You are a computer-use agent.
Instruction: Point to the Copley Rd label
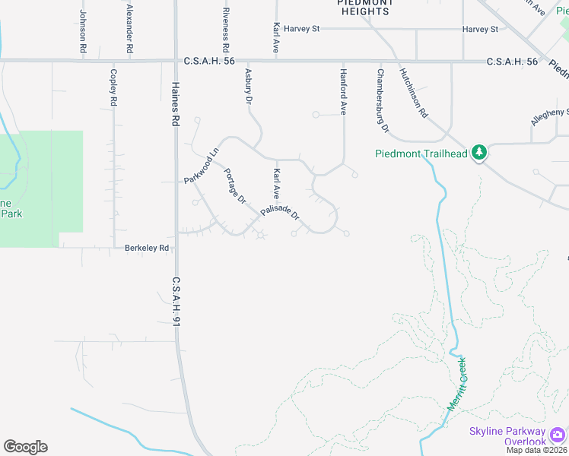click(113, 87)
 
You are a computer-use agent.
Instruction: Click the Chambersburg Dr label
click(382, 101)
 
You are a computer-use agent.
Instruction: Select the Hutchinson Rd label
click(414, 93)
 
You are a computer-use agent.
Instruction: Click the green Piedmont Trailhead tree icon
click(479, 153)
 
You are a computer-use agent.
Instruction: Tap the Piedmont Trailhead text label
click(421, 154)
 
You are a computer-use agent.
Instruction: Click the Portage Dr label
click(235, 186)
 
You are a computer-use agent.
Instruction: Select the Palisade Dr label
click(280, 213)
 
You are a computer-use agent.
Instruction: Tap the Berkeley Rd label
click(147, 248)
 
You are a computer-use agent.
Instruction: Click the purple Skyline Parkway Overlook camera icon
click(558, 434)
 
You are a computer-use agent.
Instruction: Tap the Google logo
click(25, 447)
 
